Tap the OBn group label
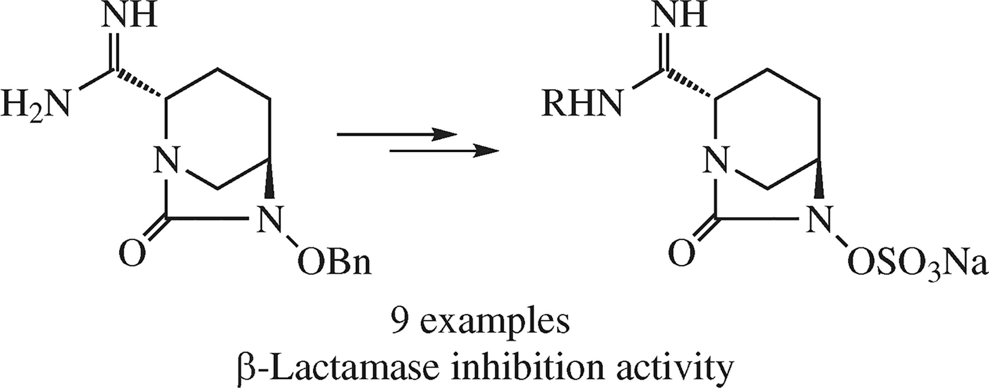pyautogui.click(x=334, y=264)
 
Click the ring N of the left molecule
pyautogui.click(x=166, y=162)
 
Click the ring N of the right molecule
pyautogui.click(x=715, y=162)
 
